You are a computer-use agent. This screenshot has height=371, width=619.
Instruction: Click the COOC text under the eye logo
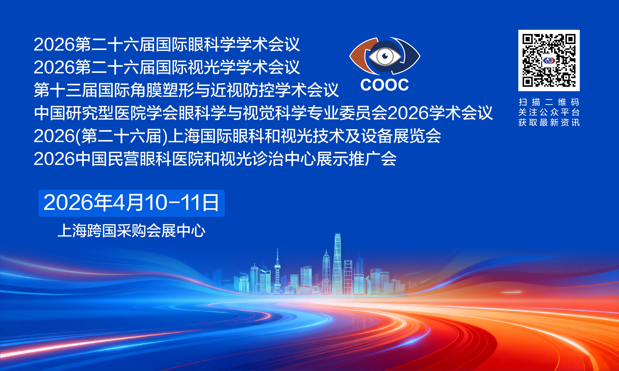point(384,85)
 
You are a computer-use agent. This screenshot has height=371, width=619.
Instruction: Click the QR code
point(549,61)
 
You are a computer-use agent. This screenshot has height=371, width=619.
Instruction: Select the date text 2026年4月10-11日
point(131,203)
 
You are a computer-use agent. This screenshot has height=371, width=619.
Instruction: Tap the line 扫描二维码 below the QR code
point(549,102)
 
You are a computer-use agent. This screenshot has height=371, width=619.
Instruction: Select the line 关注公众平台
point(549,112)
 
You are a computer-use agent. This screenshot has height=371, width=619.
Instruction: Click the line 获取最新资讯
point(549,123)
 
